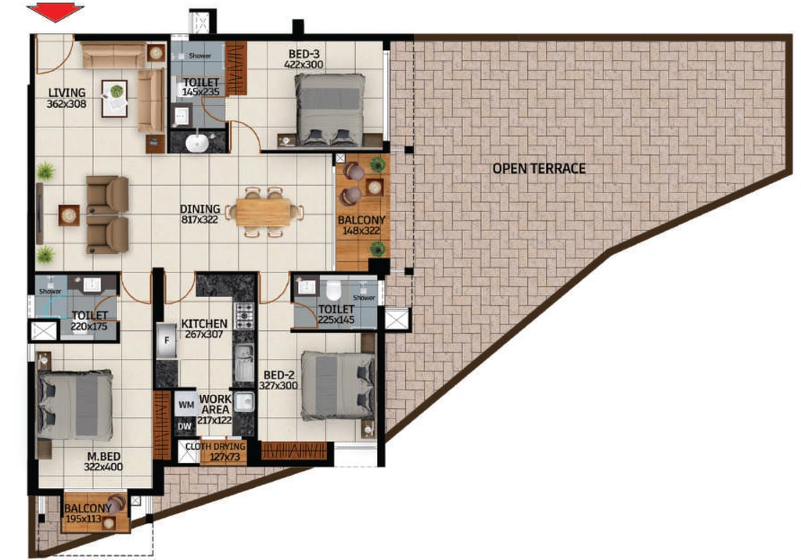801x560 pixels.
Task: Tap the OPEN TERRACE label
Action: (539, 169)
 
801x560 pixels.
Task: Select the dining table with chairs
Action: (264, 212)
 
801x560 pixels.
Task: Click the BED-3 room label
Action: (304, 54)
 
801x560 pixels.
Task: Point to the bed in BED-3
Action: (330, 109)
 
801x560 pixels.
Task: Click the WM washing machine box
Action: (186, 404)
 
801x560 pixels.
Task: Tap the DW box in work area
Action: (185, 426)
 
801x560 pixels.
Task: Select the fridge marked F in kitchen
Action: (167, 341)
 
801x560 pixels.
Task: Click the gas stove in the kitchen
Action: (244, 316)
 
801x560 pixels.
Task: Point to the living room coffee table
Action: (114, 99)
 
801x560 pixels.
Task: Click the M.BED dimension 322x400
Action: (104, 467)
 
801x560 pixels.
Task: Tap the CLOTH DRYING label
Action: (215, 447)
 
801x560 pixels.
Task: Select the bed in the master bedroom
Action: (75, 404)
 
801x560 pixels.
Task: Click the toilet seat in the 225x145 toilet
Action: (333, 289)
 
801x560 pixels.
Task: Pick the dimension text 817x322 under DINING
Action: (199, 220)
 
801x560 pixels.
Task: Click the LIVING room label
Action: (67, 92)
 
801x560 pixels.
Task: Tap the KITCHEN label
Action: (204, 324)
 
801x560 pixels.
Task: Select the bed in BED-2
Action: (338, 386)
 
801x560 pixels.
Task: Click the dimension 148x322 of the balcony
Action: (361, 231)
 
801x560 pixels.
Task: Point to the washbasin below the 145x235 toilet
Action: (196, 143)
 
